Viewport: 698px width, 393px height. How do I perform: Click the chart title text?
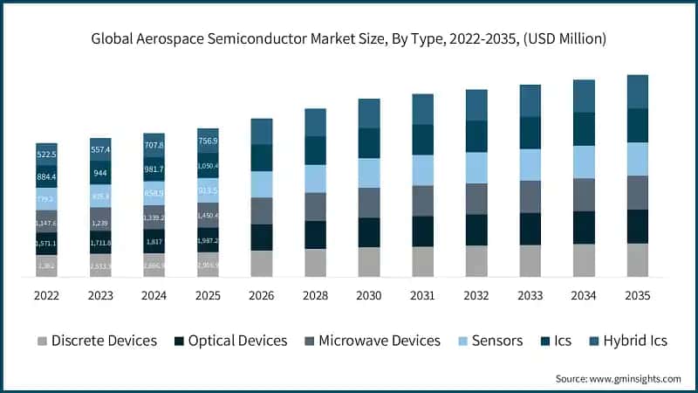coord(349,39)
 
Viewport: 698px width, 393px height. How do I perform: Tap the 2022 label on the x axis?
coord(46,296)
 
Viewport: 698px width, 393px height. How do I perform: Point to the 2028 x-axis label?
coord(315,296)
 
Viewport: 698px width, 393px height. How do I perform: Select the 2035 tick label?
coord(638,296)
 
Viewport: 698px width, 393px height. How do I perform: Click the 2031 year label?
coord(422,296)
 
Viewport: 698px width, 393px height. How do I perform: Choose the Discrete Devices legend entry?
coord(96,341)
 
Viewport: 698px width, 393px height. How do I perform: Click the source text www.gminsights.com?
coord(618,378)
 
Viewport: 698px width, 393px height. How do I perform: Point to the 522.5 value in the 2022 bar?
coord(46,155)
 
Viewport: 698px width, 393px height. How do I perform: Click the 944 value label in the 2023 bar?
coord(100,173)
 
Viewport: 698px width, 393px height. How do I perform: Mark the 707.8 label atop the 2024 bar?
coord(154,145)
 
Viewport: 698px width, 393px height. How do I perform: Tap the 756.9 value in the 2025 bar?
coord(208,141)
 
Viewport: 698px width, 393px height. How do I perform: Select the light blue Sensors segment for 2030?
coord(369,173)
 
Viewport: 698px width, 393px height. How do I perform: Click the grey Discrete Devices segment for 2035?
coord(638,260)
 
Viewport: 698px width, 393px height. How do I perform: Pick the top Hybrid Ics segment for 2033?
coord(530,100)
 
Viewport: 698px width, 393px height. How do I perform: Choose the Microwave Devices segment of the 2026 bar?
coord(262,211)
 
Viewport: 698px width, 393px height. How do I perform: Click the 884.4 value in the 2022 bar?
coord(46,177)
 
